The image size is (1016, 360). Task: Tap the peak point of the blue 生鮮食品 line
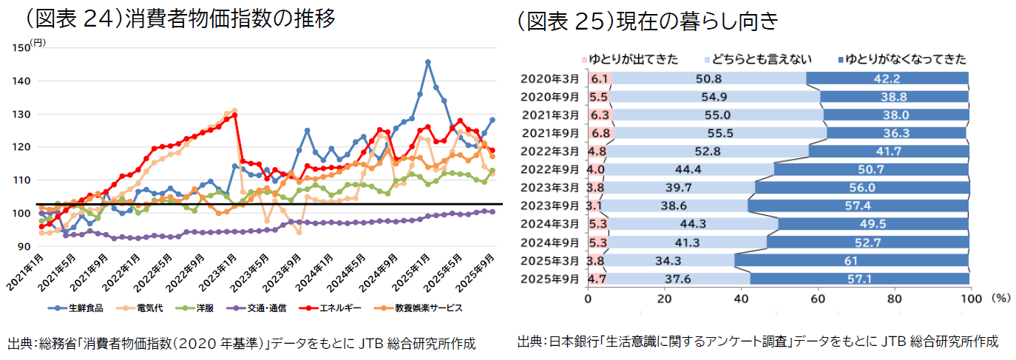428,62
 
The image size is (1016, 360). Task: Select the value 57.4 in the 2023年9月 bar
858,206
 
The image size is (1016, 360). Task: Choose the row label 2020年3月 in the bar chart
552,78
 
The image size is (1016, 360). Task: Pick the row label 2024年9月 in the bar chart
552,242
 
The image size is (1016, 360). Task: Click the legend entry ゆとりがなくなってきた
905,59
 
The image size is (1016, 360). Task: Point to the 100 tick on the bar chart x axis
969,299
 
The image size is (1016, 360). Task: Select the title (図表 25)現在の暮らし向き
648,21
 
